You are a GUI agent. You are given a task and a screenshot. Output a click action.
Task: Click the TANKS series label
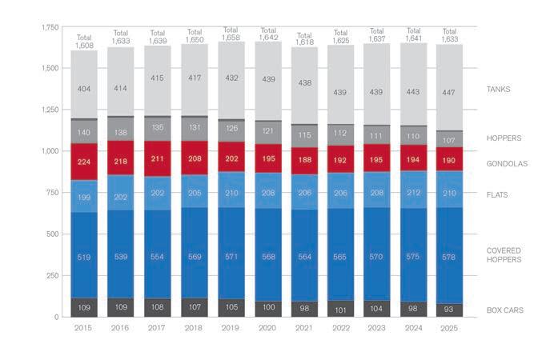(498, 89)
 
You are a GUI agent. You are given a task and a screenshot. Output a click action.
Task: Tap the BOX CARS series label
(504, 310)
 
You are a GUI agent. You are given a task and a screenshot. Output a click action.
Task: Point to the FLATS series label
(497, 194)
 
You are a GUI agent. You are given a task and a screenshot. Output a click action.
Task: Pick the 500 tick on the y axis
(53, 234)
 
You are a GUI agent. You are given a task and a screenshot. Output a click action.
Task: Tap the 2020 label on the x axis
(267, 329)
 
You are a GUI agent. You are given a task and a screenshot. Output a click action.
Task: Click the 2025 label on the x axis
(448, 329)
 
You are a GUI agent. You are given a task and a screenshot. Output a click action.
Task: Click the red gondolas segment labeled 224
(84, 162)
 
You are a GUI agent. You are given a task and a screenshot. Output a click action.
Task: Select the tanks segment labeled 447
(448, 92)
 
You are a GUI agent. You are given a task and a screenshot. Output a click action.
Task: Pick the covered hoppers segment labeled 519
(84, 258)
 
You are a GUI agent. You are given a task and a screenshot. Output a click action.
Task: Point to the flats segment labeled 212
(412, 192)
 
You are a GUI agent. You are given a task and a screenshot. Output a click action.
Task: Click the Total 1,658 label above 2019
(231, 34)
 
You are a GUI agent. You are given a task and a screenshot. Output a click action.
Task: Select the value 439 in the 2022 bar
(339, 92)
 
